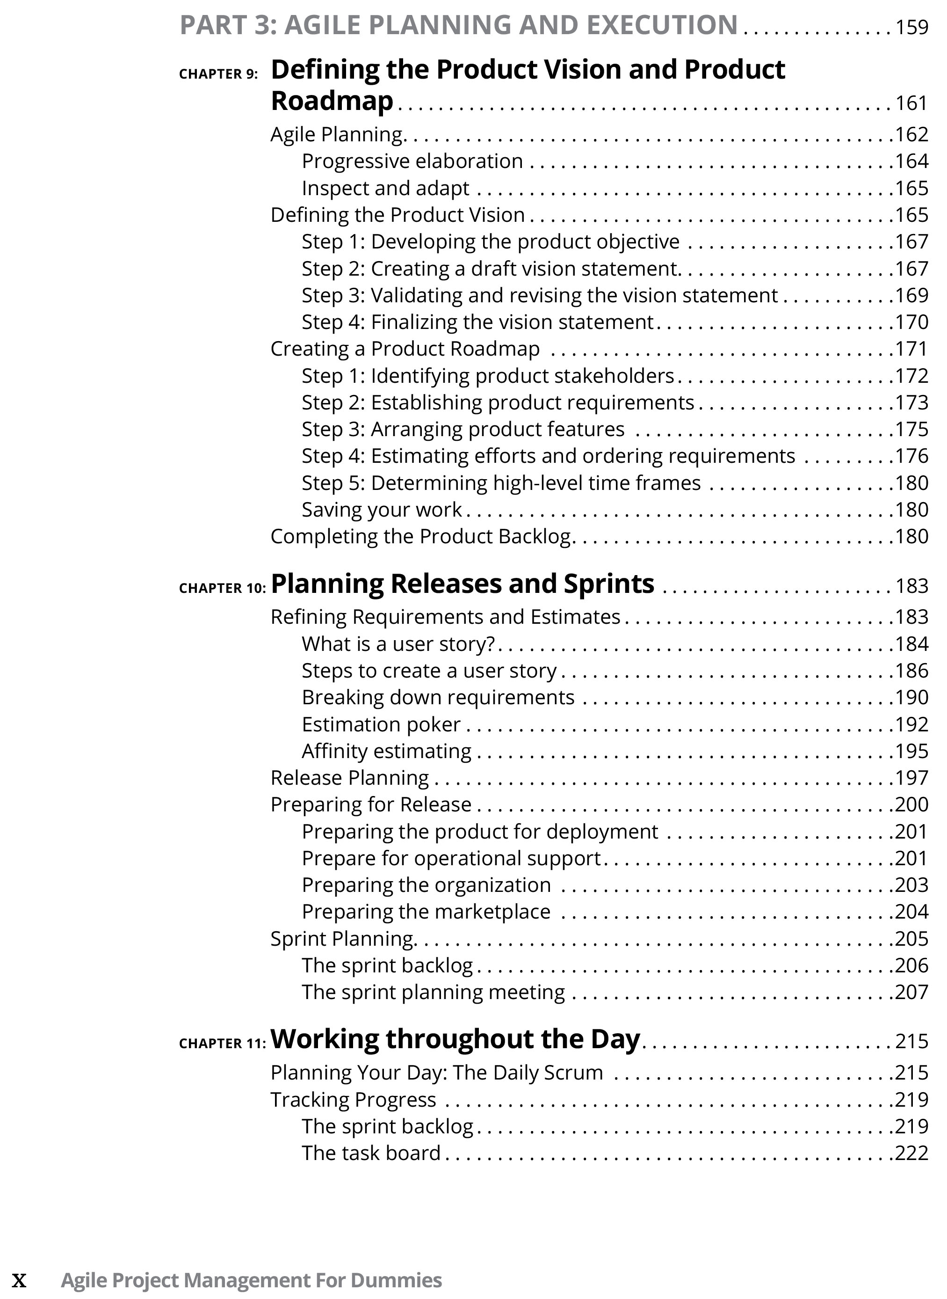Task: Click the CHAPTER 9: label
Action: pos(218,74)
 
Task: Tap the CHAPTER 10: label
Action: pos(223,588)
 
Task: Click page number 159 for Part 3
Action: pos(911,27)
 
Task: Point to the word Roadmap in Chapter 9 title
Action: pos(332,101)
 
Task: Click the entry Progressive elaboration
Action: pos(412,161)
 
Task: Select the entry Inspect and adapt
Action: pos(385,188)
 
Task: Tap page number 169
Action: pos(911,295)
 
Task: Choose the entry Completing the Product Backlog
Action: pos(421,537)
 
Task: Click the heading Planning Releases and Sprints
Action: pos(462,584)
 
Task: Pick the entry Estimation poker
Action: pos(381,724)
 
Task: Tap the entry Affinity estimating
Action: pos(386,752)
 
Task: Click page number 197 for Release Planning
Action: pos(911,778)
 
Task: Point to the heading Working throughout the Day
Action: pos(455,1039)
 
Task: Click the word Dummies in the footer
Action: pos(396,1280)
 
